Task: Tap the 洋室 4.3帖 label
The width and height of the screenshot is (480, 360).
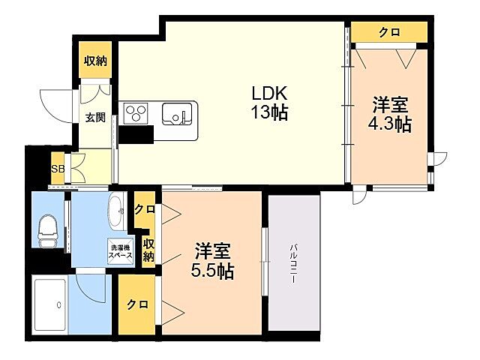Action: pyautogui.click(x=391, y=115)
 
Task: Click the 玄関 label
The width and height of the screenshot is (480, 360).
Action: pyautogui.click(x=94, y=117)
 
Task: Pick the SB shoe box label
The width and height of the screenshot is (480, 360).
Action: pyautogui.click(x=57, y=169)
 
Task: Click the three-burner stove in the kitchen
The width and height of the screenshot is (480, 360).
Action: pyautogui.click(x=136, y=112)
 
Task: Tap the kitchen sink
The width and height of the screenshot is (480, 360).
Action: pyautogui.click(x=177, y=115)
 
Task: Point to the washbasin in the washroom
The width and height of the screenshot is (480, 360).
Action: pyautogui.click(x=118, y=212)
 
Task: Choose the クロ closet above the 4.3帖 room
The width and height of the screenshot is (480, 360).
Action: pyautogui.click(x=388, y=32)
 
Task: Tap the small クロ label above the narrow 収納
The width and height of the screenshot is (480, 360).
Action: pyautogui.click(x=144, y=209)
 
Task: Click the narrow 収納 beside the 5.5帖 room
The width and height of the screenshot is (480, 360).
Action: pyautogui.click(x=149, y=250)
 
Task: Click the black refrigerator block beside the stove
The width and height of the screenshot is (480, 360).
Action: pyautogui.click(x=135, y=134)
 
